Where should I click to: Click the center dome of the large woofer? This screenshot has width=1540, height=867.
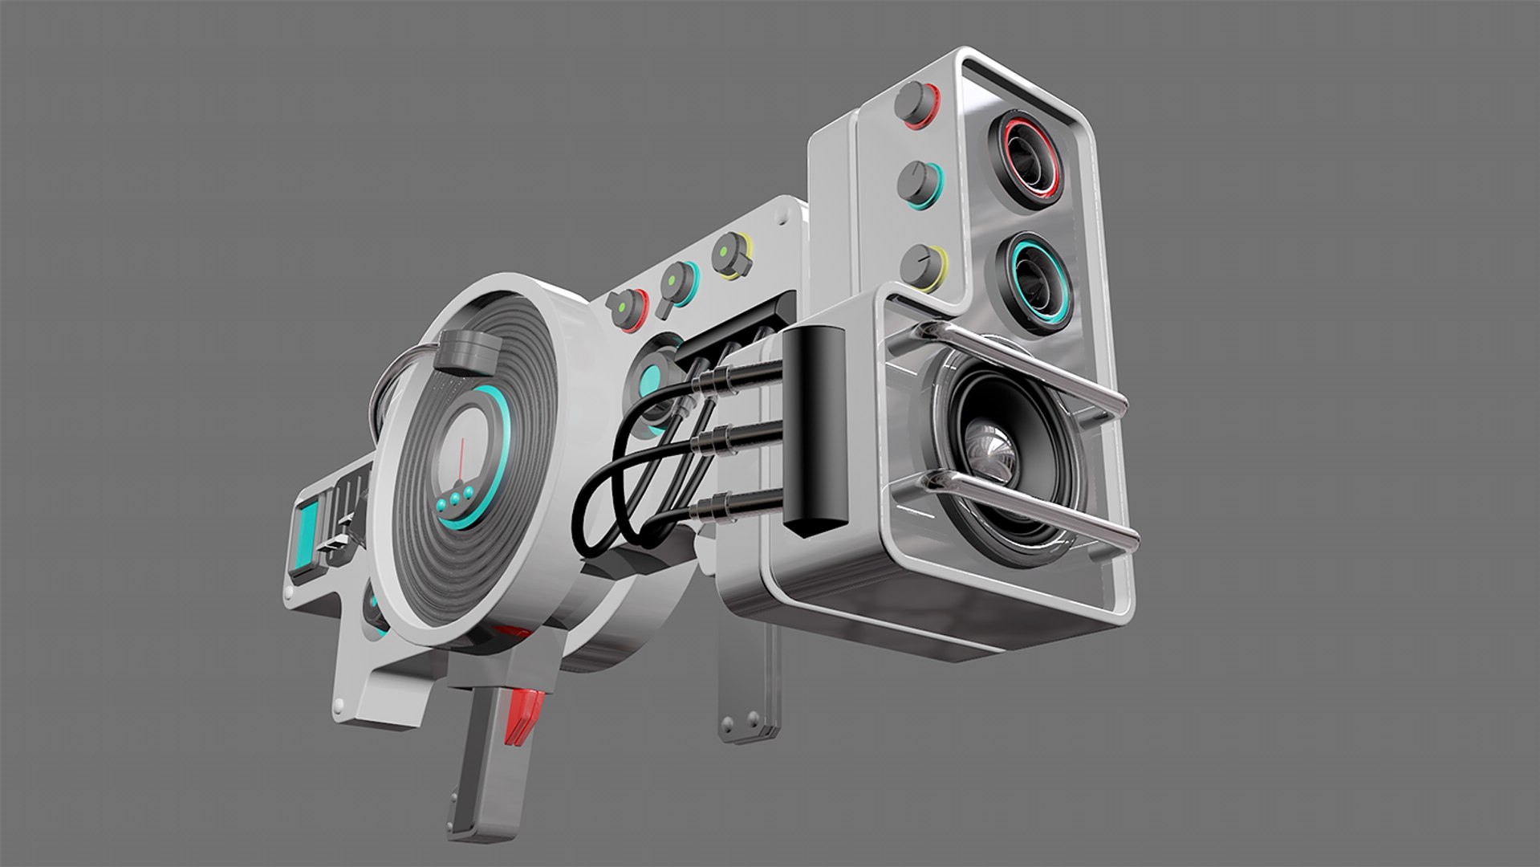coord(992,456)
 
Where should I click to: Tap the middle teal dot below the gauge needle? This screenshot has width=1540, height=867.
coord(455,499)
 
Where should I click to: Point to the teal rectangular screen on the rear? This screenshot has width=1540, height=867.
coord(307,531)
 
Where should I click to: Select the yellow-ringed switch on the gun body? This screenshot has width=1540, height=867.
coord(730,254)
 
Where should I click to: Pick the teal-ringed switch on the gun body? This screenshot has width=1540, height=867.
coord(679,283)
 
